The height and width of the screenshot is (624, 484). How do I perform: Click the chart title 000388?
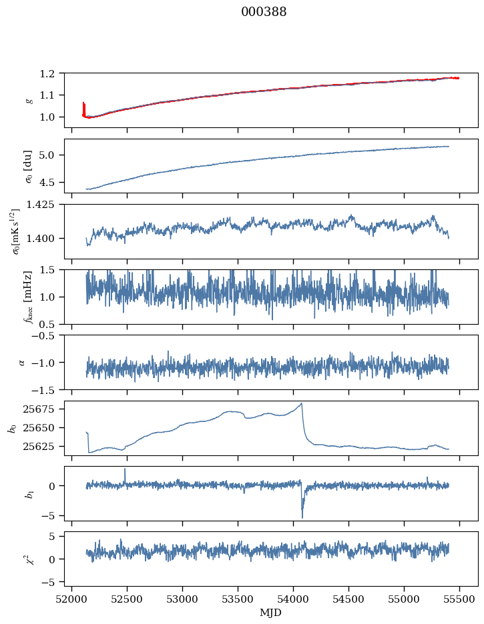pyautogui.click(x=264, y=12)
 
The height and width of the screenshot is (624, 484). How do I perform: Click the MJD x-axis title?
pyautogui.click(x=270, y=612)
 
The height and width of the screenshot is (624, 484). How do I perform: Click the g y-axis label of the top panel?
pyautogui.click(x=29, y=100)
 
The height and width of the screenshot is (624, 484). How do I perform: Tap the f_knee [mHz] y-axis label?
pyautogui.click(x=29, y=297)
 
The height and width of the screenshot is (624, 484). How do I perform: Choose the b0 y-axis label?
pyautogui.click(x=12, y=428)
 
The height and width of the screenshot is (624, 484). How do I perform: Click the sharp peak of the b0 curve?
pyautogui.click(x=302, y=403)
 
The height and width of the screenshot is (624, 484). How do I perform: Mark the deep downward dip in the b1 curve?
pyautogui.click(x=302, y=517)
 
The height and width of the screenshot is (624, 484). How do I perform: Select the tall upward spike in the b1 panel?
pyautogui.click(x=125, y=469)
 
